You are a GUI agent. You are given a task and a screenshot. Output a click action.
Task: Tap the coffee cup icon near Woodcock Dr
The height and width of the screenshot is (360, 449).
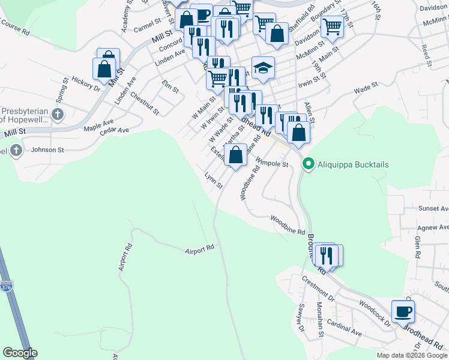[403, 311]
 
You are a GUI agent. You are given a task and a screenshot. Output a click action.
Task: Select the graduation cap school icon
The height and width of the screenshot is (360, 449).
[263, 68]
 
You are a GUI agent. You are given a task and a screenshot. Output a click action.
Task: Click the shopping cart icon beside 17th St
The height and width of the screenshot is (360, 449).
[331, 26]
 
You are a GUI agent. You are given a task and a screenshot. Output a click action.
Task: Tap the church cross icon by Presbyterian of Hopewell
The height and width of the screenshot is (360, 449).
[58, 114]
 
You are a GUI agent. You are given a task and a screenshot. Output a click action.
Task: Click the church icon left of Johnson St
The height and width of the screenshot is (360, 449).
[16, 150]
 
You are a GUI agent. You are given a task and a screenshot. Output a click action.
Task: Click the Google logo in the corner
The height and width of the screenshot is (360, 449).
[20, 353]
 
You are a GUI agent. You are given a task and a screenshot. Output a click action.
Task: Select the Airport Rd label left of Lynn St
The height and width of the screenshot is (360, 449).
[199, 248]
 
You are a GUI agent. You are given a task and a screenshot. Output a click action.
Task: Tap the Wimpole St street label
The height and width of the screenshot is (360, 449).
[272, 162]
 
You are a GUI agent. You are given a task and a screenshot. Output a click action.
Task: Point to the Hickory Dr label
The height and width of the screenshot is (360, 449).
[85, 83]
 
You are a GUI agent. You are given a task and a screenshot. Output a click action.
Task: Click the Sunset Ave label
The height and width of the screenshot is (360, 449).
[433, 208]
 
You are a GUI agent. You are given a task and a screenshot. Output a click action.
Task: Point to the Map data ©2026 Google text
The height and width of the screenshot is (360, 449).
[412, 355]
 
